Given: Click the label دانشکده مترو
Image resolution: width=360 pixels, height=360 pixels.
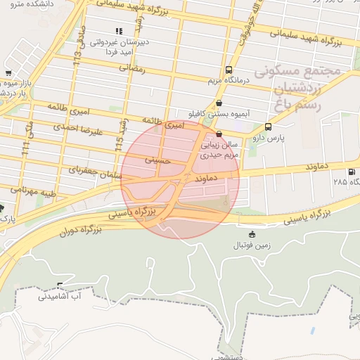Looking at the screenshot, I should click(20, 4).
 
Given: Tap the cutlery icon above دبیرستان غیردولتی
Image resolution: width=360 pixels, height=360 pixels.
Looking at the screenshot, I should click(119, 32).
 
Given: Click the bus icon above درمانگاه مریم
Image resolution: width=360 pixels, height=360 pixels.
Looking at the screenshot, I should click(229, 70).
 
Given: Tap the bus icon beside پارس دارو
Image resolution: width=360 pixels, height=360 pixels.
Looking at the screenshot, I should click(268, 127).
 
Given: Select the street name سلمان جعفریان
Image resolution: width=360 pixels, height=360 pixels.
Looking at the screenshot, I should click(93, 171).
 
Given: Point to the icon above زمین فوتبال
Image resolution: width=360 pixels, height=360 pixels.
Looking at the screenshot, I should click(252, 233).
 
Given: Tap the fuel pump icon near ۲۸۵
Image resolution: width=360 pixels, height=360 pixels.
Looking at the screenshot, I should click(351, 172).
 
